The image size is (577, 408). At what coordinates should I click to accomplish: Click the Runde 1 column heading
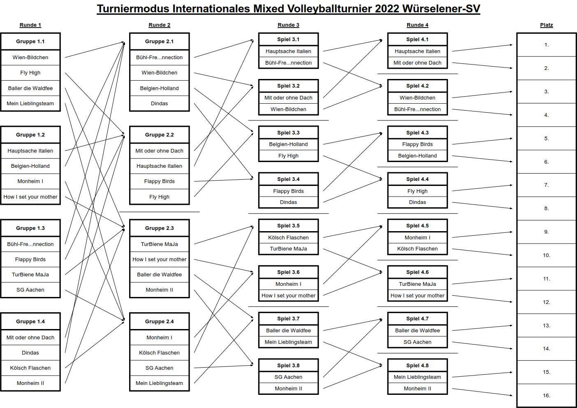tap(30, 25)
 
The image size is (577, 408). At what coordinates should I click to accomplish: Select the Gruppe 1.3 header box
tap(30, 228)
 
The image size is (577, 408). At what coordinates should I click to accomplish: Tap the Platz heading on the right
tap(546, 25)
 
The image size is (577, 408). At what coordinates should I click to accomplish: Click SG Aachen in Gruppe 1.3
tap(30, 290)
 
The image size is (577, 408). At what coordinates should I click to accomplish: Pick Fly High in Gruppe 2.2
tap(160, 197)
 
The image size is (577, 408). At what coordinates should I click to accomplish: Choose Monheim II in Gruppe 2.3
tap(160, 290)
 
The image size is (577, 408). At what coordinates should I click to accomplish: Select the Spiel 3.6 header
tap(289, 272)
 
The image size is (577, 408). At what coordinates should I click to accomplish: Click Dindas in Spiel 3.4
tap(289, 202)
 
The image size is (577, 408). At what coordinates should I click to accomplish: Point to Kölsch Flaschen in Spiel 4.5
tap(417, 248)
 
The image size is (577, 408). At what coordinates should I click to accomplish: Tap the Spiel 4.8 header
tap(417, 365)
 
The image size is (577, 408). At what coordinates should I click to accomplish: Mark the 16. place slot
tap(546, 395)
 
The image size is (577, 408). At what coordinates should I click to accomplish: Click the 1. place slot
tap(546, 45)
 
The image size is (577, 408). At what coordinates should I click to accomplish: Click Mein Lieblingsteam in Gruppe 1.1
tap(30, 104)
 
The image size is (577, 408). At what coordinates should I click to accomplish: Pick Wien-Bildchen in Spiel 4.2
tap(417, 97)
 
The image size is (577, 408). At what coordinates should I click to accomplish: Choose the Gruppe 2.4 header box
tap(160, 321)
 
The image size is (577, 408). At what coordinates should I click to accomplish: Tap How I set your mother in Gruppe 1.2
tap(30, 197)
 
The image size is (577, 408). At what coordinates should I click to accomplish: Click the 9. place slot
tap(546, 232)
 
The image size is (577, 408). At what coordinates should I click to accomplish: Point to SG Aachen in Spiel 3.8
tap(289, 377)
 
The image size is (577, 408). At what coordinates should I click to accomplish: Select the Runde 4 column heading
tap(417, 25)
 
